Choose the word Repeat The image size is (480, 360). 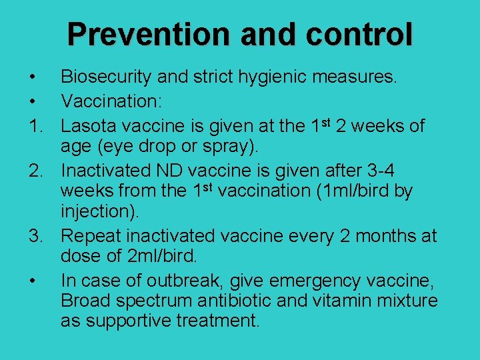[x=91, y=237]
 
